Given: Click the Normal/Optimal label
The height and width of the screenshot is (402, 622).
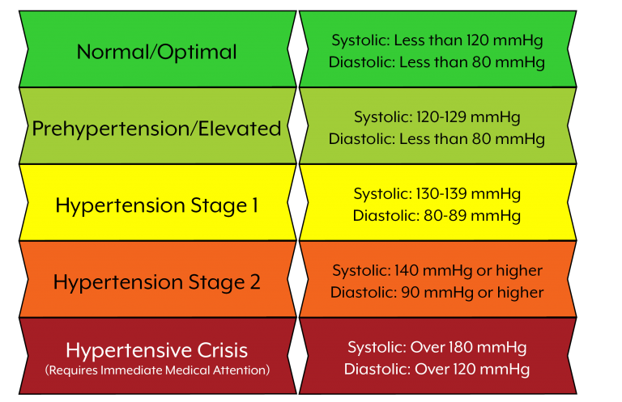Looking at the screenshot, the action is click(156, 52).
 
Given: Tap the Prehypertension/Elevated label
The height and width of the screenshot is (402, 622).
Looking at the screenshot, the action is click(156, 129).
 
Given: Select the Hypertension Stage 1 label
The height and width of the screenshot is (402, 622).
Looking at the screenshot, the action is click(156, 206).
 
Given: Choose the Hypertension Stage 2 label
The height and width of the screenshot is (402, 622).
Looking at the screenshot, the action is click(156, 282).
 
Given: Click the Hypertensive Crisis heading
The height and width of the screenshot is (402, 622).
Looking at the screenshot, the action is click(156, 350).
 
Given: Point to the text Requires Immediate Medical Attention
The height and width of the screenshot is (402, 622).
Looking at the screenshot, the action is click(157, 370).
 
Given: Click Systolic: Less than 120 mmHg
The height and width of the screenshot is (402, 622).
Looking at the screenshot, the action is click(437, 40).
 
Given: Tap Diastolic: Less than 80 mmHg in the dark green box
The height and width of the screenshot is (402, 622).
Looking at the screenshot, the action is click(437, 62).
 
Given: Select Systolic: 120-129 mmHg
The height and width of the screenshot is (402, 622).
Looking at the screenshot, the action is click(437, 117).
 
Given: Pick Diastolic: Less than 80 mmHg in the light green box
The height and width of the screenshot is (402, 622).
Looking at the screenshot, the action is click(437, 139).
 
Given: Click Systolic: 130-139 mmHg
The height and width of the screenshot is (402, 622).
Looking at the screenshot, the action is click(437, 194).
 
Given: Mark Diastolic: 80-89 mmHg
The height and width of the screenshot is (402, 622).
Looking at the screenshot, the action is click(437, 216).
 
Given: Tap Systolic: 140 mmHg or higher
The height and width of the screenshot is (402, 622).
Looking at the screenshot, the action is click(437, 270).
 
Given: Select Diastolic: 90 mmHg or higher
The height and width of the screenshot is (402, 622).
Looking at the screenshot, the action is click(437, 293).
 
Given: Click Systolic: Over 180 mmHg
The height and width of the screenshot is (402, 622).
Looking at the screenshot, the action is click(437, 347).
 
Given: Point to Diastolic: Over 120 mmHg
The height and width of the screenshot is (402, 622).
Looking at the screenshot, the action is click(437, 369).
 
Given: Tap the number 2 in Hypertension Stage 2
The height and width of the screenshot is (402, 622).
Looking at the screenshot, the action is click(255, 281).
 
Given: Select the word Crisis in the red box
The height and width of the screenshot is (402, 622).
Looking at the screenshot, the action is click(223, 350).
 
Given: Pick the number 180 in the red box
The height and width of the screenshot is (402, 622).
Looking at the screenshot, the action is click(462, 347).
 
